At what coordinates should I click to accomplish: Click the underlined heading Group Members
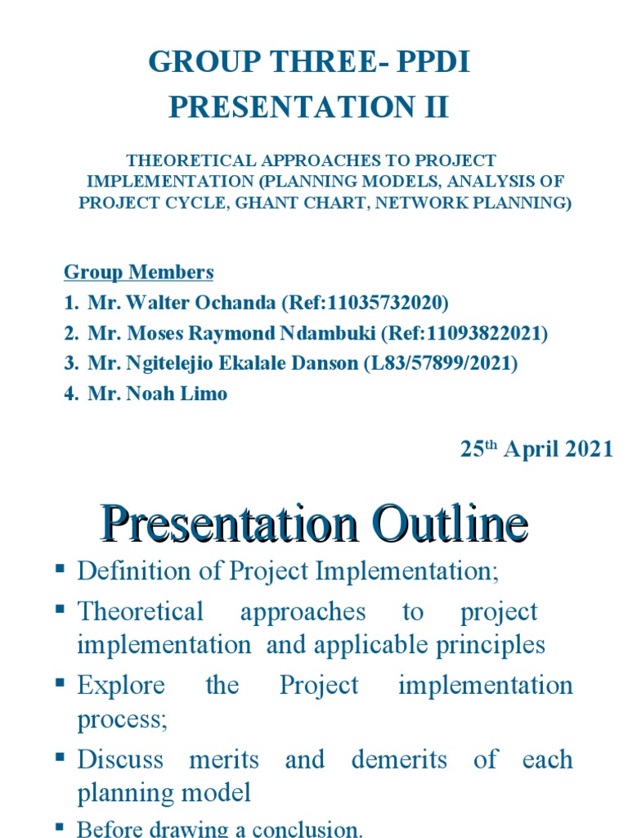click(139, 272)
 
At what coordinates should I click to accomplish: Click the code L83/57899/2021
click(442, 363)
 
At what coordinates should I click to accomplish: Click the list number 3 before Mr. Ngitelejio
click(70, 363)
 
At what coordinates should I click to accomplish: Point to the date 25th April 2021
click(535, 448)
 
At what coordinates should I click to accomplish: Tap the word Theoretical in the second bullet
click(140, 611)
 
